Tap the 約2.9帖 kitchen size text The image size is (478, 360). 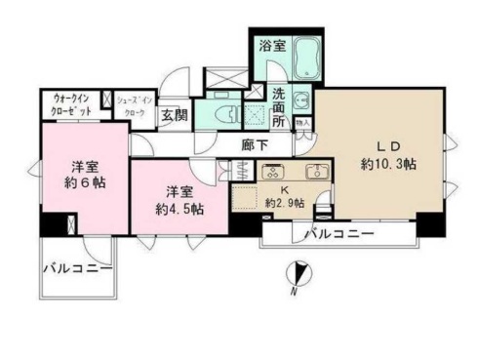click(x=284, y=203)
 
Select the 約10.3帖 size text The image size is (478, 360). click(x=387, y=165)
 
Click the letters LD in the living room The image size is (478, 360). click(x=387, y=146)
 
